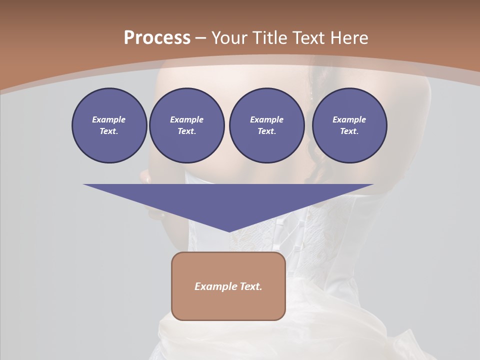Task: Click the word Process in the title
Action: click(x=157, y=38)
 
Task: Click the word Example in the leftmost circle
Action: click(x=109, y=119)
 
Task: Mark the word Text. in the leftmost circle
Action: click(x=109, y=131)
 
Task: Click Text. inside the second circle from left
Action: click(x=186, y=131)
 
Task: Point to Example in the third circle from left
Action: click(x=266, y=119)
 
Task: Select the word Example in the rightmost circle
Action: click(x=349, y=119)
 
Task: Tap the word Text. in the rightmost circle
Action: click(x=349, y=131)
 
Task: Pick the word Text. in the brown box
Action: click(x=250, y=286)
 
